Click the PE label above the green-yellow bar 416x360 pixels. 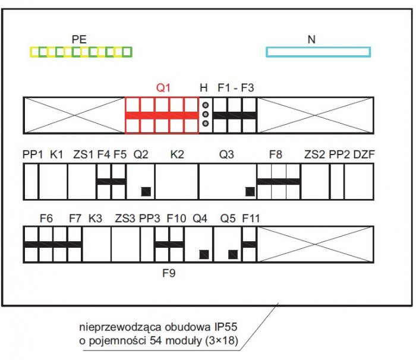pos(79,40)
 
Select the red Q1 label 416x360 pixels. pos(163,87)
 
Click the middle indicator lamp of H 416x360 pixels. pos(206,114)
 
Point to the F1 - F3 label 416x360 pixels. pos(236,87)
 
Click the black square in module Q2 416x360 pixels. pos(146,191)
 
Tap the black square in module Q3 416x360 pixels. pos(250,191)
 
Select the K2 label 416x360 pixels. pos(177,154)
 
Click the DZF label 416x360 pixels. pos(364,154)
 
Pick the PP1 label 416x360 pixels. pos(33,154)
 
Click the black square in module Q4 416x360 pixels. pos(204,255)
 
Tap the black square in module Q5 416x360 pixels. pos(233,255)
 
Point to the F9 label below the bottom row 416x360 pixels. pos(169,273)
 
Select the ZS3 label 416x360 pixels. pos(125,219)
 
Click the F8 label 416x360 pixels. pos(276,154)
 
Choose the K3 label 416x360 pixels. pos(95,219)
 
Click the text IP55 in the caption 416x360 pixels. pos(225,327)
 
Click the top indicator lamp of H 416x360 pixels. pos(206,105)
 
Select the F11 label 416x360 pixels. pos(251,219)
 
